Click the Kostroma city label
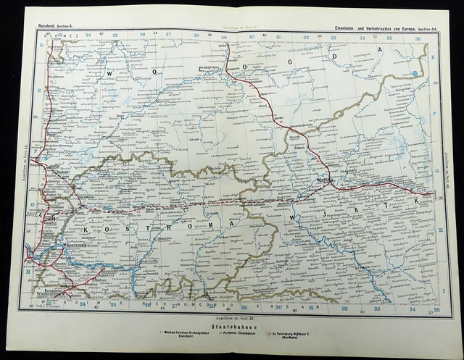click(76, 245)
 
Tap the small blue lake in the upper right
click(414, 73)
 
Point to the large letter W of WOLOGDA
click(112, 73)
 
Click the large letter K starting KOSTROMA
click(87, 229)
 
